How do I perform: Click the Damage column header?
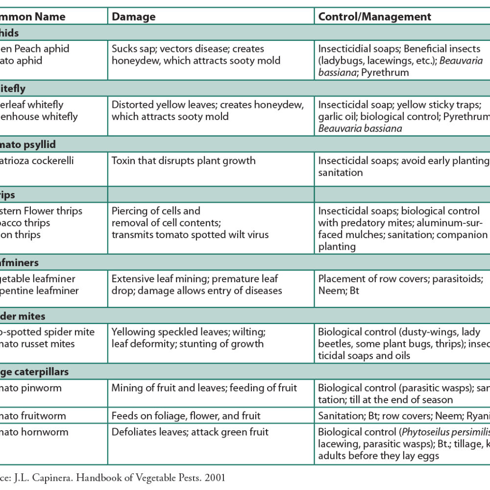pyautogui.click(x=134, y=17)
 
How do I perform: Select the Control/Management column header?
pyautogui.click(x=375, y=17)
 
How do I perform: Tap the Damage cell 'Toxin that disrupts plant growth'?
pyautogui.click(x=184, y=161)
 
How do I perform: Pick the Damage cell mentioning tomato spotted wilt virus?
pyautogui.click(x=190, y=223)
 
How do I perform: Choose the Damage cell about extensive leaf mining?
pyautogui.click(x=196, y=285)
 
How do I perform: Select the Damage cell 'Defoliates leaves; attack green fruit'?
pyautogui.click(x=189, y=432)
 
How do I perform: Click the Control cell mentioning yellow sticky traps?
pyautogui.click(x=402, y=117)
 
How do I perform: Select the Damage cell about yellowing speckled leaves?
pyautogui.click(x=189, y=338)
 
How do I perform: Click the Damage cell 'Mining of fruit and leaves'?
pyautogui.click(x=204, y=388)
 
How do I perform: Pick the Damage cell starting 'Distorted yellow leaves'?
pyautogui.click(x=208, y=111)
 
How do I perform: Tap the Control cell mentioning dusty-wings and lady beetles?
pyautogui.click(x=402, y=343)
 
